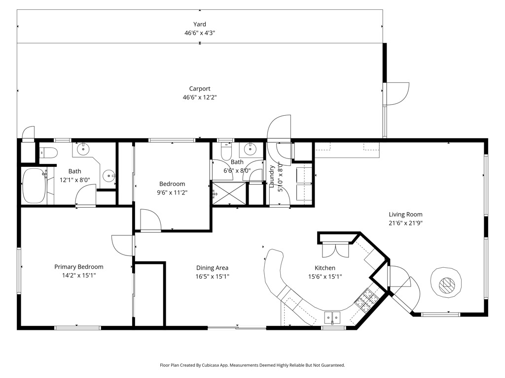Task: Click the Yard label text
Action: coord(200,24)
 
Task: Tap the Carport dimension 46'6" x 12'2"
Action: coord(200,97)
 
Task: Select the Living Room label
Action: coord(405,214)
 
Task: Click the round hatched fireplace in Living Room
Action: coord(447,283)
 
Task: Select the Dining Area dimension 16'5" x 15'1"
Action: coord(212,276)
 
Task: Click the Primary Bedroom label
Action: coord(79,267)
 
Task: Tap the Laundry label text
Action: coord(272,176)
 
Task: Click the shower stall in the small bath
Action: coord(229,193)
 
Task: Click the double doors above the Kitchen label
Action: coord(335,251)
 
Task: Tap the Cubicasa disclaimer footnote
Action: coord(252,365)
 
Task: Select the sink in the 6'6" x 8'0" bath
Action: coord(251,148)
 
